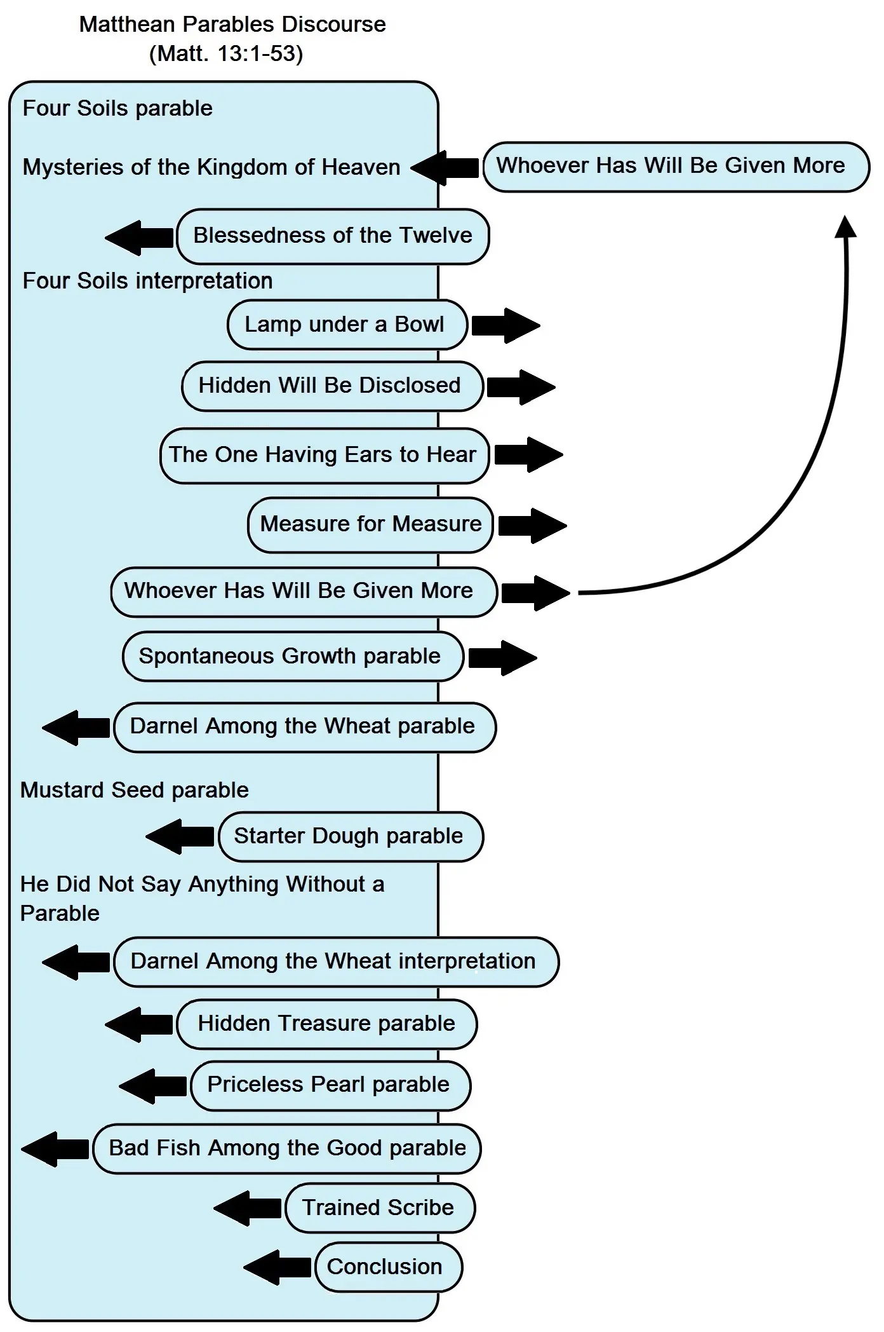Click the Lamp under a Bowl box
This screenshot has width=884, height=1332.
click(x=347, y=325)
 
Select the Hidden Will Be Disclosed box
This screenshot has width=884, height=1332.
click(x=331, y=386)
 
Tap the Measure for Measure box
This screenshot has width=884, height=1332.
click(x=370, y=524)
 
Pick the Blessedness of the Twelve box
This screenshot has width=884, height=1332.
click(x=333, y=236)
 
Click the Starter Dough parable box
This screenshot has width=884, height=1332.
click(x=351, y=836)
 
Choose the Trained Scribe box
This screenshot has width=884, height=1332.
click(x=380, y=1207)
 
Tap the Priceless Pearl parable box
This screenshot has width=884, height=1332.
click(x=330, y=1084)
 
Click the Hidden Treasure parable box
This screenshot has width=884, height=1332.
click(x=326, y=1023)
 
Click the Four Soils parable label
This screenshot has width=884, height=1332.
click(x=117, y=108)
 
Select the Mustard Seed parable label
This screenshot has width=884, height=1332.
click(x=135, y=790)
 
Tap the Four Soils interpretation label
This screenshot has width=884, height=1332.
click(x=147, y=280)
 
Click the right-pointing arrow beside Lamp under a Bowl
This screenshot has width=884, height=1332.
click(x=505, y=325)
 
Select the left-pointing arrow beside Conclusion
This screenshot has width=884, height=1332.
click(x=277, y=1267)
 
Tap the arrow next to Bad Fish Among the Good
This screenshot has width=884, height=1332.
click(x=55, y=1148)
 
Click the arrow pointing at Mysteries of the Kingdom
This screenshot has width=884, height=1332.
click(x=445, y=168)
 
